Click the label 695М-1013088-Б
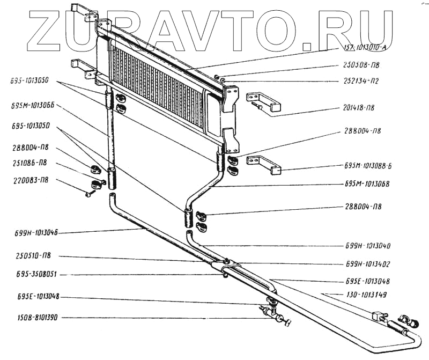(x=368, y=166)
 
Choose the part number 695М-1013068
(x=367, y=183)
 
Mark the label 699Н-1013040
(x=367, y=246)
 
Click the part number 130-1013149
(x=367, y=294)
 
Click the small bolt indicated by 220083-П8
(x=87, y=193)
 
